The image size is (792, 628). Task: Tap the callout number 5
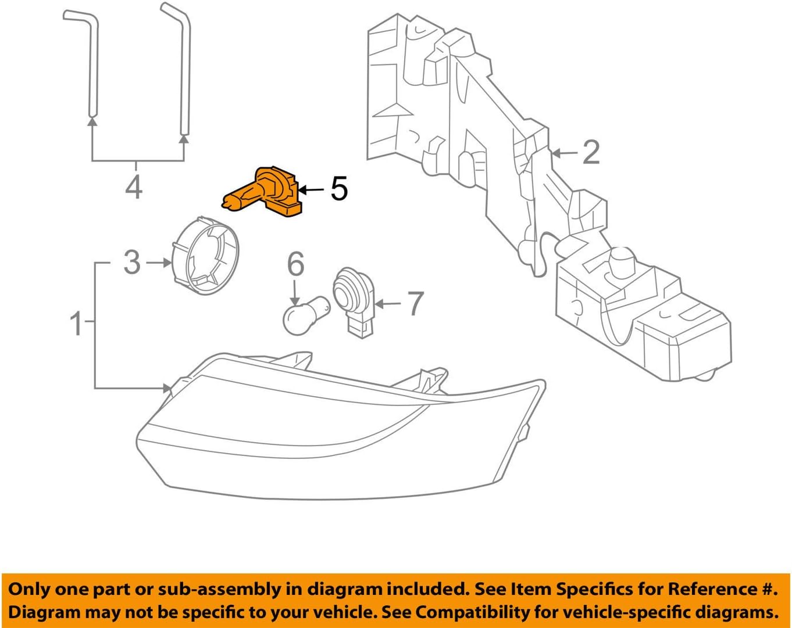click(339, 189)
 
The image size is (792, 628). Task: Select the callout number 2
click(590, 152)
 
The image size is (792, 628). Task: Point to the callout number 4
click(134, 186)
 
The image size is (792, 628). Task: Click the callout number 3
click(132, 263)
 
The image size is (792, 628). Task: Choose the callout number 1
click(76, 323)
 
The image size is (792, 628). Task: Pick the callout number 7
click(415, 304)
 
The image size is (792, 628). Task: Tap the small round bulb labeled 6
click(306, 317)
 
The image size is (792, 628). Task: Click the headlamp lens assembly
click(337, 436)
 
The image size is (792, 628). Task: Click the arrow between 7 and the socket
click(388, 304)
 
